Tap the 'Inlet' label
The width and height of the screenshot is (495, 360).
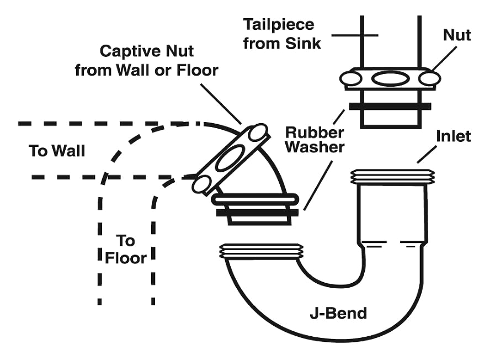click(x=453, y=136)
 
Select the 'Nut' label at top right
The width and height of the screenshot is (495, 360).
click(x=457, y=35)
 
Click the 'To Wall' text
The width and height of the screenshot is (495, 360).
click(x=57, y=150)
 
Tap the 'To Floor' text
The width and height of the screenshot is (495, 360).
click(x=126, y=249)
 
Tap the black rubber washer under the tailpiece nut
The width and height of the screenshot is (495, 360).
click(x=390, y=105)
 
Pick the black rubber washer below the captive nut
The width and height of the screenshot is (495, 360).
click(x=258, y=211)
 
